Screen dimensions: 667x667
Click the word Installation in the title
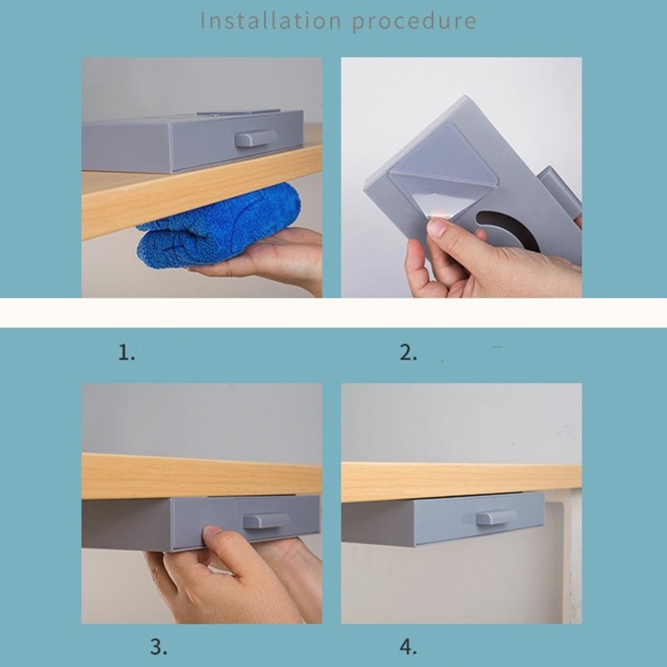(x=270, y=20)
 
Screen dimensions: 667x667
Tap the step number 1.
(x=127, y=353)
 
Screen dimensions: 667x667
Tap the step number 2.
(x=408, y=353)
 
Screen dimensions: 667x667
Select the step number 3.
(x=158, y=647)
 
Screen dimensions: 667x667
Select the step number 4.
(x=408, y=647)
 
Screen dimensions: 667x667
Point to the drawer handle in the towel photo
(x=256, y=138)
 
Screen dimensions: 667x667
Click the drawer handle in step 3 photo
(x=266, y=520)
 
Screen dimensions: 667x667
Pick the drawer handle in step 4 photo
(x=496, y=517)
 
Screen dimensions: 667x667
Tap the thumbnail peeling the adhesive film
(x=437, y=227)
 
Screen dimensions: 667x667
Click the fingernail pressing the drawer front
(x=213, y=530)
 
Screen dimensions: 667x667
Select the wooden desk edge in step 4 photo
(x=461, y=483)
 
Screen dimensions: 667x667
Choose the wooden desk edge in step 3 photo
(x=202, y=476)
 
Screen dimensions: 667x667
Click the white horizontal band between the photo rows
(x=333, y=313)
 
